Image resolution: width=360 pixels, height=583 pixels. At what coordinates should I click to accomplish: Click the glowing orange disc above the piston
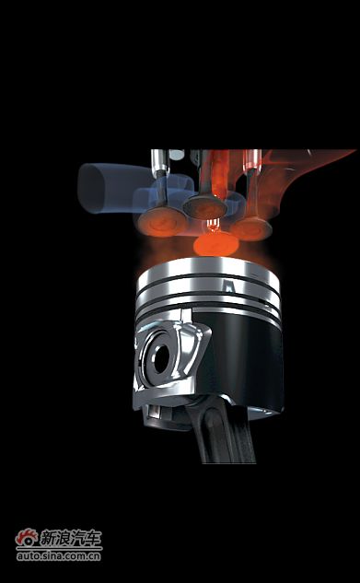(215, 244)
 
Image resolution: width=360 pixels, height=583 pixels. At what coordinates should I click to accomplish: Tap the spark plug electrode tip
(213, 224)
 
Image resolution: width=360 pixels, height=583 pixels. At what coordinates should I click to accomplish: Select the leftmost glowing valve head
(162, 222)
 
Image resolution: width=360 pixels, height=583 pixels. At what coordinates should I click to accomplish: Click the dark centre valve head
(204, 206)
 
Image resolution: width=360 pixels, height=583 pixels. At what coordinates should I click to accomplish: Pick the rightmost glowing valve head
(250, 228)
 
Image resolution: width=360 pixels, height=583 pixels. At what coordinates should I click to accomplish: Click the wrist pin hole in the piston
(162, 359)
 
